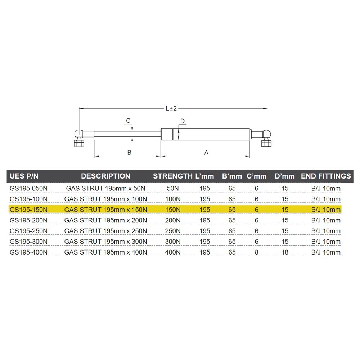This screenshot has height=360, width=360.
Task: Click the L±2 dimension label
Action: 171,108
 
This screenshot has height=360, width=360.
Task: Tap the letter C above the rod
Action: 128,121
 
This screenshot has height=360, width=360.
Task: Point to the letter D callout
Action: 183,121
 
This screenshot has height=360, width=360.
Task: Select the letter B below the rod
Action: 129,152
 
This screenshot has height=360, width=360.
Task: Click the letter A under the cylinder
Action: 206,152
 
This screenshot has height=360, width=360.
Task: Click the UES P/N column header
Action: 24,176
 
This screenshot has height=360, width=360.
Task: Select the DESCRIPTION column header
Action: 105,176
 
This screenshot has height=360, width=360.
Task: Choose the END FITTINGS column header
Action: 326,176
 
